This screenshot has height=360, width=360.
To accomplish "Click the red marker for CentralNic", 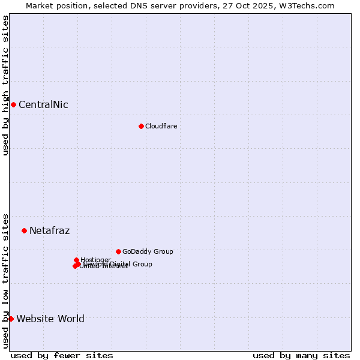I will pos(13,105).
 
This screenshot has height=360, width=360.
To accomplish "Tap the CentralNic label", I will pos(43,105).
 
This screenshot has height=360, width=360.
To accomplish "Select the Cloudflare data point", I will pos(141,126).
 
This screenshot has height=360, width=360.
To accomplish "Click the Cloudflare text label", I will pos(161,126).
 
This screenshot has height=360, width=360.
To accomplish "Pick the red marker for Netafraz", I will pos(24,230).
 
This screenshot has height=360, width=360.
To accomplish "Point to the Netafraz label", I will pos(49,231).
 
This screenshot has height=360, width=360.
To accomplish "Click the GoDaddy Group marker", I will pos(118,251).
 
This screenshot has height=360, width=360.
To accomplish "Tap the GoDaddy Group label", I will pos(147,251).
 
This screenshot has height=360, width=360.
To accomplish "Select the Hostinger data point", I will pos(76,260).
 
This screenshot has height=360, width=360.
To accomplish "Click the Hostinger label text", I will pos(95,260).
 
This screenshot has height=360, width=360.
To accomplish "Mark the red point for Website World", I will pos(11,319).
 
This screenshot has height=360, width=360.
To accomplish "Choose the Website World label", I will pos(50,319).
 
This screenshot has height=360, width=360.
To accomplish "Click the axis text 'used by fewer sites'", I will pos(62,355).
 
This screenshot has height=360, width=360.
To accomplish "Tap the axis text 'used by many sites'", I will pos(301,355).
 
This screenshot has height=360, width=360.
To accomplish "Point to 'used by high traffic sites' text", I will pos(5,85).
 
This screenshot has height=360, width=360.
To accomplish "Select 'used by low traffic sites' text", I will pos(5,281).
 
